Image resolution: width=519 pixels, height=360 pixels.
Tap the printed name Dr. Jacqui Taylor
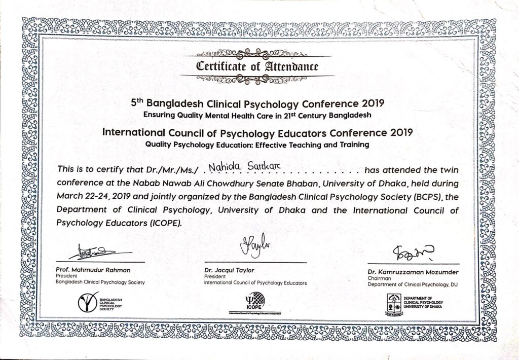[229, 270]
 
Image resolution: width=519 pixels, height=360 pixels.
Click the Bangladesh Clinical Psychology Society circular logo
[88, 303]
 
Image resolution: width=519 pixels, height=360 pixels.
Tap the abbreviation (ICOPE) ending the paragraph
[164, 222]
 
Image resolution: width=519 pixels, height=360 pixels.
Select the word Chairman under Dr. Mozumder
[381, 278]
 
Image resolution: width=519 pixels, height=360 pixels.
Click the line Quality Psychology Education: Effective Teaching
[257, 145]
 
